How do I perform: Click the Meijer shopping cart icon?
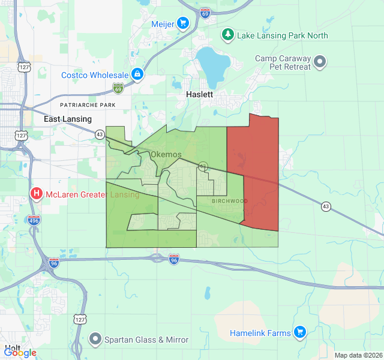point(183,23)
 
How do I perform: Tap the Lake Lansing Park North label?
point(282,35)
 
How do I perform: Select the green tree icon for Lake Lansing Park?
point(227,35)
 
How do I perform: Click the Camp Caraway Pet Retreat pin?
point(320,61)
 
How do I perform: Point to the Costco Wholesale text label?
point(95,75)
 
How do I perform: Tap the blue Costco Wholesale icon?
point(137,74)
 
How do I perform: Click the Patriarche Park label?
point(87,105)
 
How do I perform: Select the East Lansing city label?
point(67,119)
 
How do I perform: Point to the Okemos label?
point(166,155)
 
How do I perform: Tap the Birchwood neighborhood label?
point(230,201)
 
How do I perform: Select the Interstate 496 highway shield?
point(34,220)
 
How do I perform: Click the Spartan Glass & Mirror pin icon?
point(94,340)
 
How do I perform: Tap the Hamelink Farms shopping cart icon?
point(300,332)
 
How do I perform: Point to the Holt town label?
point(13,347)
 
